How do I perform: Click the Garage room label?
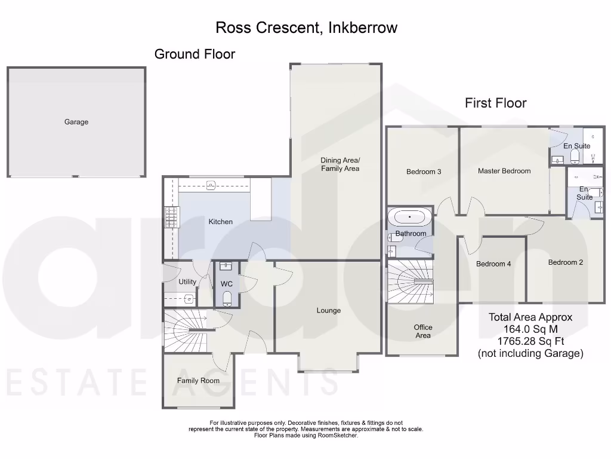point(76,122)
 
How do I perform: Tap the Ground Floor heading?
point(195,54)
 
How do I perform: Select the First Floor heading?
point(495,103)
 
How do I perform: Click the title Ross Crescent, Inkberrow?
point(305,27)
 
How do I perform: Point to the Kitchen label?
point(220,222)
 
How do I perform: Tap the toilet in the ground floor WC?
point(227,298)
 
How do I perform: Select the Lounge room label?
point(329,310)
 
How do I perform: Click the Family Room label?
point(198,381)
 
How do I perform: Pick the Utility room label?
point(187,282)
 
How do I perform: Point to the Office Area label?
point(423,331)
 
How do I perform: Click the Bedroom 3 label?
point(424,172)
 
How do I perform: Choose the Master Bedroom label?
point(504,171)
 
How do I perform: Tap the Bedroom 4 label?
point(493,264)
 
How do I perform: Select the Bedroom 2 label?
point(566,262)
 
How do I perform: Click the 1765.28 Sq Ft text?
point(530,342)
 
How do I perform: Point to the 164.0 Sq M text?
point(530,329)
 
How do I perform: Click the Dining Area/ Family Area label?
point(340,164)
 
